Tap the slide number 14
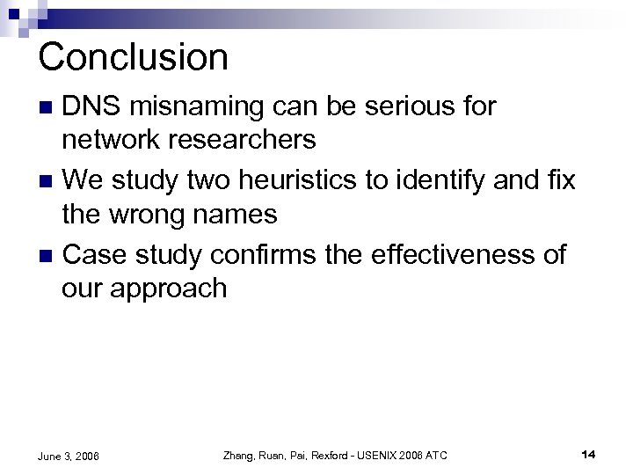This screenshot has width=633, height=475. click(589, 454)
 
